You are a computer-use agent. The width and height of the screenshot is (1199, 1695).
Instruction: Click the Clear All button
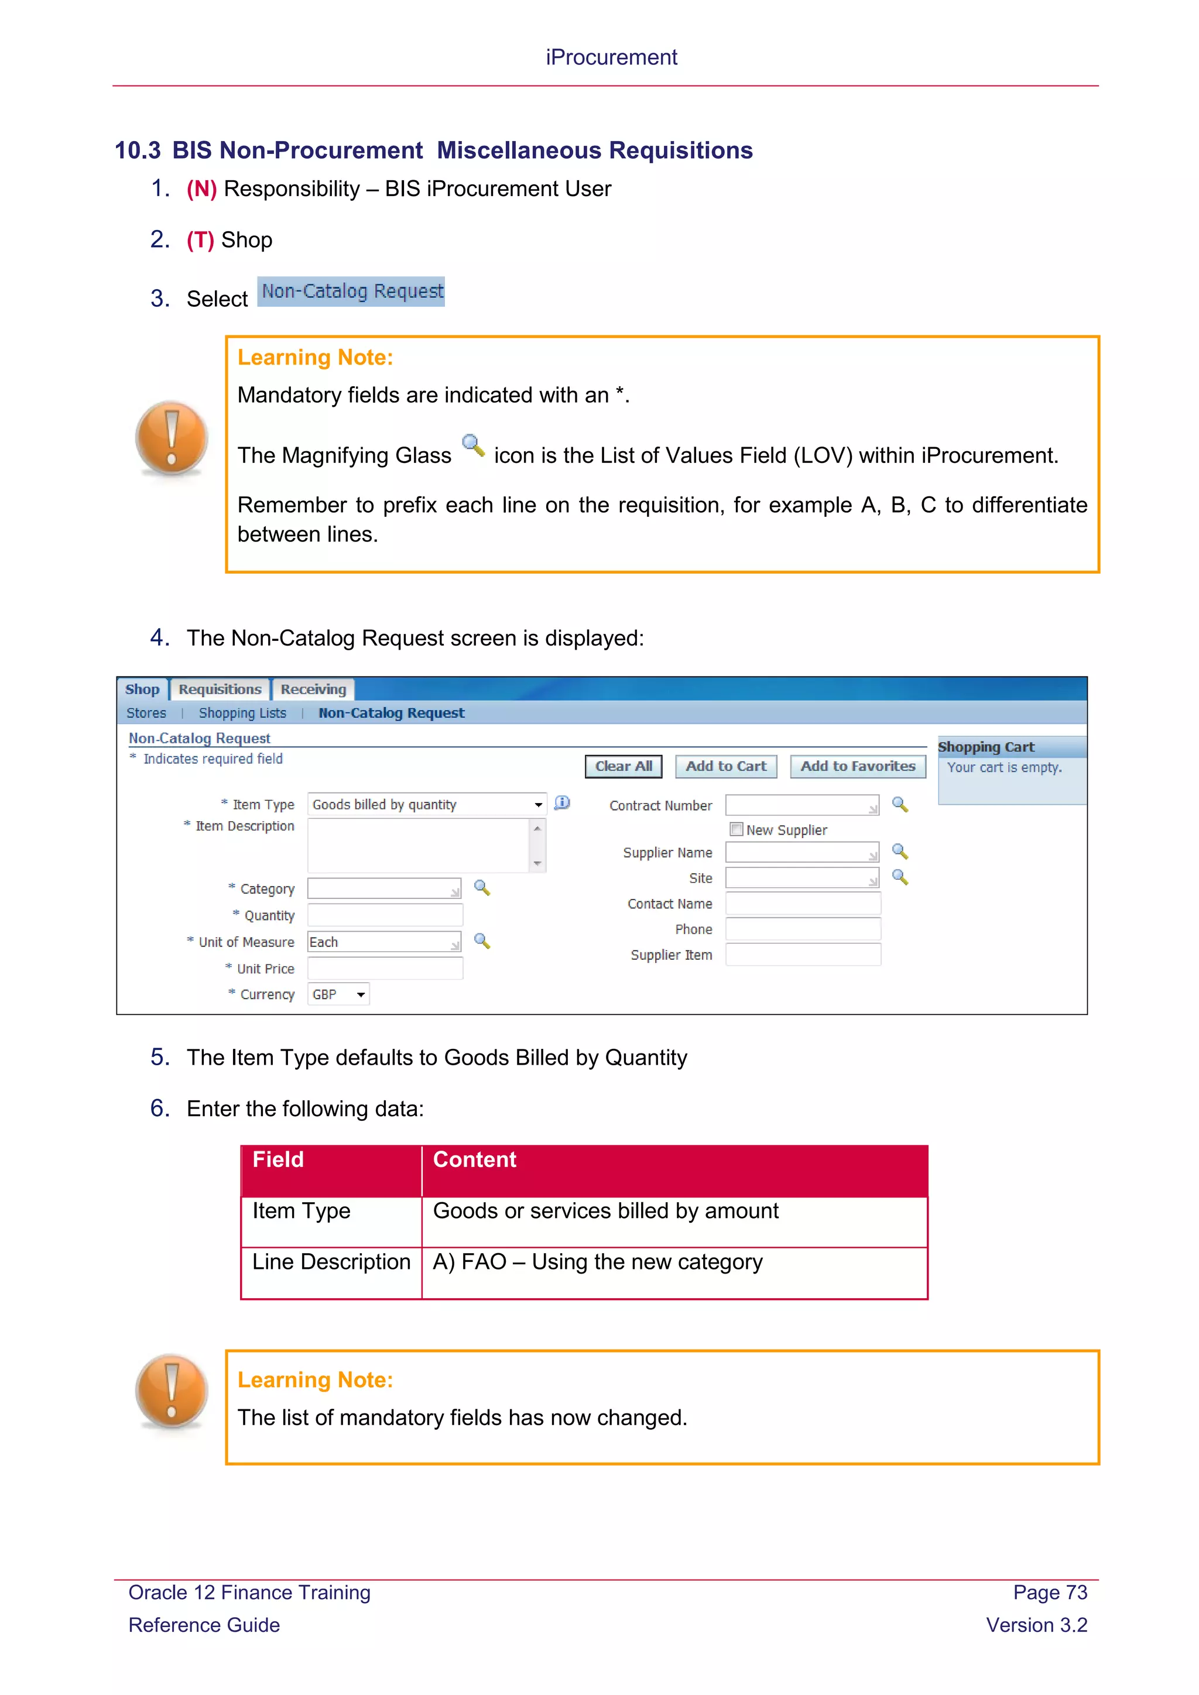click(623, 766)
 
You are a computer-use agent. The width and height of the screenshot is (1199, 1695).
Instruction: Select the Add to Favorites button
click(857, 766)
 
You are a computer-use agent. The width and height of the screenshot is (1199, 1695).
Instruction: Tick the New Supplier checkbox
click(736, 829)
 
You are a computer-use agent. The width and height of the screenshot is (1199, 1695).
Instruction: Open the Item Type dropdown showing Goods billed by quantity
click(427, 804)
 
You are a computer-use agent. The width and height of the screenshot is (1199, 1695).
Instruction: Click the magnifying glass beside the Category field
click(481, 887)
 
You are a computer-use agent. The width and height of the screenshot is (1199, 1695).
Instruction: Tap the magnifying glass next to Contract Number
click(899, 804)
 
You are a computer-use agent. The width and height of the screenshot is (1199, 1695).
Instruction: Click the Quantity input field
click(385, 915)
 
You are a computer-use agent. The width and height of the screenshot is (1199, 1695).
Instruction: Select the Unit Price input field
click(385, 969)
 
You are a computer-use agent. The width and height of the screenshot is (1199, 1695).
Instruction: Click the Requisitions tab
click(220, 689)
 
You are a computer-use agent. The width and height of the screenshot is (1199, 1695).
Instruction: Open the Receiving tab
click(313, 689)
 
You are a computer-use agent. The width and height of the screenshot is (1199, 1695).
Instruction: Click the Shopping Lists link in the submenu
click(242, 713)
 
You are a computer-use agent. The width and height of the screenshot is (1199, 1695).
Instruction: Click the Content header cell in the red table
click(673, 1169)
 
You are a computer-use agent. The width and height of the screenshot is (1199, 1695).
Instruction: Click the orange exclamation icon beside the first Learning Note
click(172, 438)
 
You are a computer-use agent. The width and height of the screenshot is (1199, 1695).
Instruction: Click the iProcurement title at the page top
click(611, 57)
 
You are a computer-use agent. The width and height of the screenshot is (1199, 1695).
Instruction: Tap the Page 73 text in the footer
click(1049, 1593)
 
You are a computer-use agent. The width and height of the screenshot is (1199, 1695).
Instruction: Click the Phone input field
click(803, 929)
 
